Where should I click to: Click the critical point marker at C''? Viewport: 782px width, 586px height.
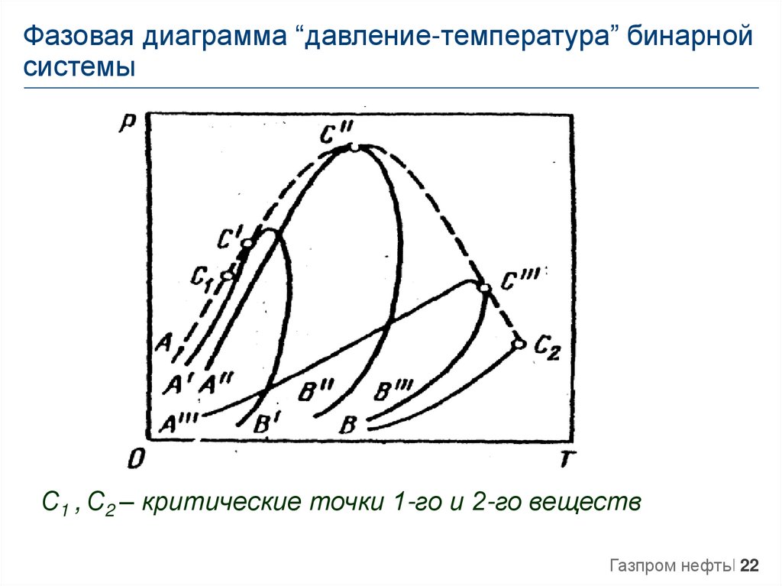(x=353, y=147)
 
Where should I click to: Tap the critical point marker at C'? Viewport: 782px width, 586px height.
(x=247, y=243)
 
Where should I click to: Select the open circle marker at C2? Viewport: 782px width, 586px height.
(x=519, y=344)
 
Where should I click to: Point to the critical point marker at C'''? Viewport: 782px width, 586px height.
(x=484, y=288)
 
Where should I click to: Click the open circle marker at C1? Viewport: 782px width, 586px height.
(x=228, y=275)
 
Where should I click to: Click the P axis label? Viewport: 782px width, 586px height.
(x=127, y=123)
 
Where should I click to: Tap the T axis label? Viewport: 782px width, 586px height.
(x=566, y=458)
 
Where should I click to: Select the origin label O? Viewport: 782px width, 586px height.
(x=135, y=458)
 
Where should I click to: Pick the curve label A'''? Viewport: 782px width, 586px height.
(x=179, y=423)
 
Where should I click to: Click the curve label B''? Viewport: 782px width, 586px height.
(x=316, y=391)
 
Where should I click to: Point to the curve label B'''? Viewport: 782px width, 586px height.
(x=393, y=390)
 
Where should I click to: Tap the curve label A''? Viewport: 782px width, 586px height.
(x=215, y=384)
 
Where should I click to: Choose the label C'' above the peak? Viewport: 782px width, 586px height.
(x=337, y=133)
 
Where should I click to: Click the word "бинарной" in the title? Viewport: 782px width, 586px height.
(x=690, y=37)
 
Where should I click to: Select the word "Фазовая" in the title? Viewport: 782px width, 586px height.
(x=79, y=37)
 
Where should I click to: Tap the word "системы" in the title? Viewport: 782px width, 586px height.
(x=79, y=67)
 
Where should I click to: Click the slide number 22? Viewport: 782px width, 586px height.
(x=749, y=565)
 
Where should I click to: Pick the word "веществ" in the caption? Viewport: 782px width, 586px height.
(x=585, y=502)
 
